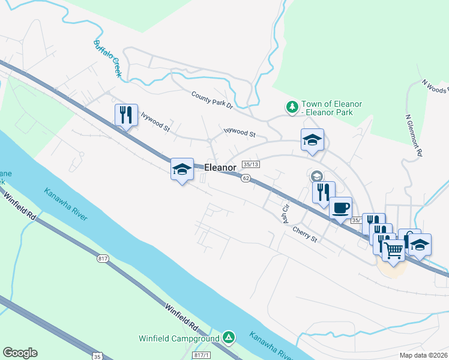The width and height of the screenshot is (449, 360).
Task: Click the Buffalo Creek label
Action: [x=108, y=58]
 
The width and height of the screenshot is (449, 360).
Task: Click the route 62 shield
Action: [x=246, y=178]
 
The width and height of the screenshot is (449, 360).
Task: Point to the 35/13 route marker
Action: [x=251, y=164]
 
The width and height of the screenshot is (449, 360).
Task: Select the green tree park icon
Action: [x=292, y=107]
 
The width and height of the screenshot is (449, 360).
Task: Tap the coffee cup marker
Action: [x=341, y=208]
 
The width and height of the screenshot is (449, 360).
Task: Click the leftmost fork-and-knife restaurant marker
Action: [x=125, y=114]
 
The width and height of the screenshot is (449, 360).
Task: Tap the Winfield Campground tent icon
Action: [x=228, y=338]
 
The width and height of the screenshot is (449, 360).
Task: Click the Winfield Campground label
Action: [x=178, y=338]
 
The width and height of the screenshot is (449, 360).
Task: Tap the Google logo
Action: [x=20, y=353]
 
